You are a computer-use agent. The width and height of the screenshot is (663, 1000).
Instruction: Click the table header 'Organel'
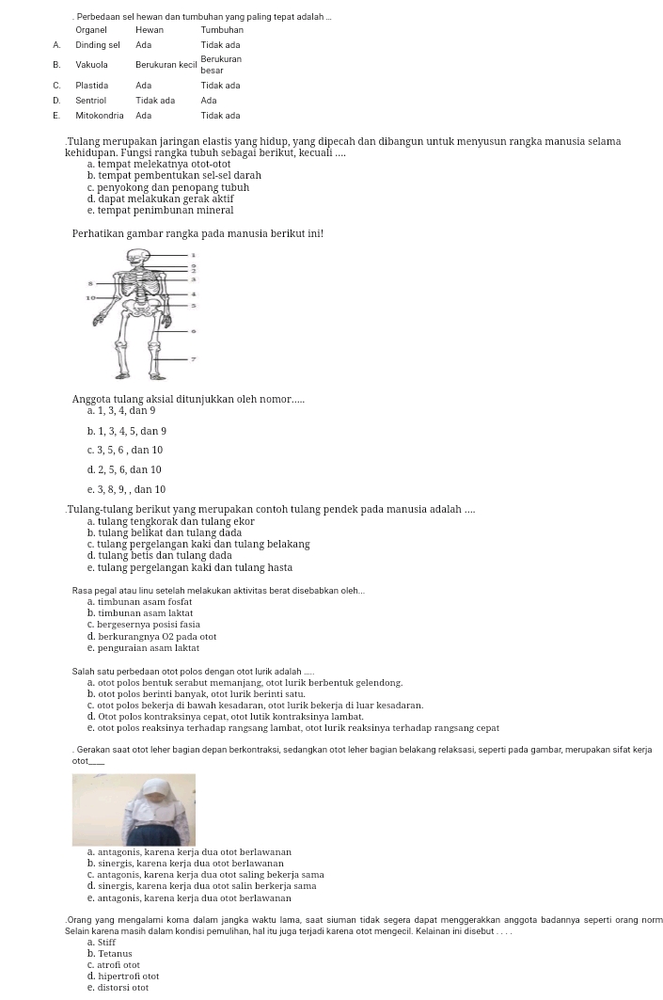click(x=91, y=30)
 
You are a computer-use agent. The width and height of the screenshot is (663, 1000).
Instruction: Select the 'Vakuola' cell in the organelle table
click(x=91, y=65)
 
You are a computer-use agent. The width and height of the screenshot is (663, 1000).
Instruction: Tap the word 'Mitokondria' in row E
click(x=100, y=116)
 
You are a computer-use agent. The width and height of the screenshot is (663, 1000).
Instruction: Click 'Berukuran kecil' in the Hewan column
click(x=166, y=65)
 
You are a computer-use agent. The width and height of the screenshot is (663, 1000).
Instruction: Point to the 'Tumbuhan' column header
click(x=222, y=30)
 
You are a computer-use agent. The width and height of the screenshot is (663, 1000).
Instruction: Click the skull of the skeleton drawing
click(x=138, y=258)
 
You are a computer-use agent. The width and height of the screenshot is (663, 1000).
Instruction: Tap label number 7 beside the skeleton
click(x=194, y=358)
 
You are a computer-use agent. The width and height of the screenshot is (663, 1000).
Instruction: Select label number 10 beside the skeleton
click(x=90, y=297)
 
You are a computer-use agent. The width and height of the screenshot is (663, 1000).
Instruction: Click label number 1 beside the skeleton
click(x=194, y=254)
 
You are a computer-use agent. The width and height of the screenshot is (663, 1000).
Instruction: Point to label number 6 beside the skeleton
click(x=194, y=331)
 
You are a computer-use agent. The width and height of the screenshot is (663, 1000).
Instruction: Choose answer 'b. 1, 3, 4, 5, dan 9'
click(x=127, y=432)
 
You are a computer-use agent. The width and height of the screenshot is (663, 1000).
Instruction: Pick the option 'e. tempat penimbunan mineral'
click(x=160, y=211)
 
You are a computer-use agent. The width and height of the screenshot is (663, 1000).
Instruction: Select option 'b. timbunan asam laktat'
click(x=140, y=613)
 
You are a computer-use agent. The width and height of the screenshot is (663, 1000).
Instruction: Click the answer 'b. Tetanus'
click(x=110, y=954)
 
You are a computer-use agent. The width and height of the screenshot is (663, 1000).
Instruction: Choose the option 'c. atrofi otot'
click(x=114, y=965)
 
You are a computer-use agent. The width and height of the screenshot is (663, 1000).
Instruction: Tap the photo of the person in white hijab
click(x=134, y=809)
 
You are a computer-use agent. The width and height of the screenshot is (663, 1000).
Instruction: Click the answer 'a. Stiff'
click(x=102, y=943)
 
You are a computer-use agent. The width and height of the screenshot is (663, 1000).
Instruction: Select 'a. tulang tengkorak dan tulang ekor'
click(x=171, y=521)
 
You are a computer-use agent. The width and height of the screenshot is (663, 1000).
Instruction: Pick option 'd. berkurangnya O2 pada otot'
click(x=151, y=637)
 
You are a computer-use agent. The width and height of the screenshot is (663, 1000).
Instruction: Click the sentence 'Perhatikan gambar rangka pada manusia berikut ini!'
click(x=197, y=233)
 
